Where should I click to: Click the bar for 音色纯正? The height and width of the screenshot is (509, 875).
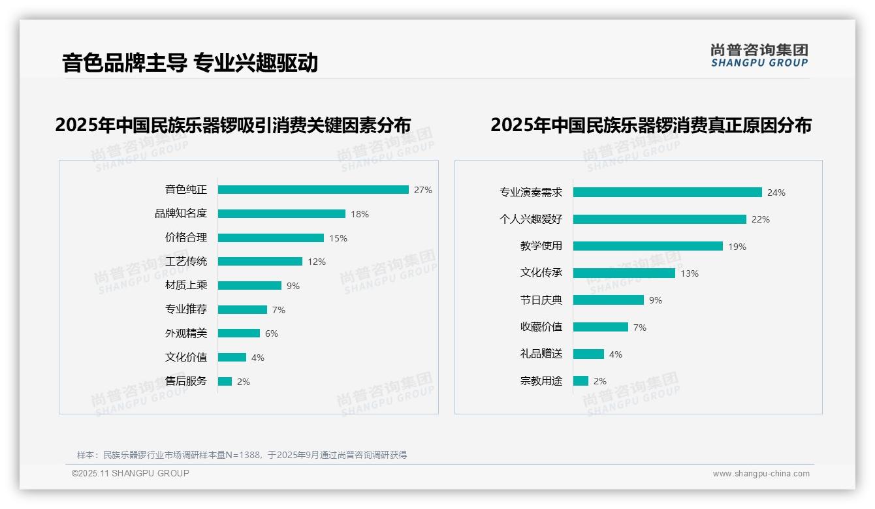click(x=313, y=190)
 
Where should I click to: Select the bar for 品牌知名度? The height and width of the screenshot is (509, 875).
click(x=281, y=214)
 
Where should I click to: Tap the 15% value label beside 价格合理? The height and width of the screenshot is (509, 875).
click(x=338, y=238)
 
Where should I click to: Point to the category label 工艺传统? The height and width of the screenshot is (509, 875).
click(x=186, y=262)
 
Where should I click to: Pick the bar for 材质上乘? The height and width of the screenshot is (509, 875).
click(x=249, y=286)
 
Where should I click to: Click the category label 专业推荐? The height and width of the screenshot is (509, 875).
click(x=186, y=309)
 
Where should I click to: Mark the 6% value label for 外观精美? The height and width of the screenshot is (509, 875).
click(x=272, y=333)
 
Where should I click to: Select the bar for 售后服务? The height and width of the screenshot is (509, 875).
click(x=225, y=382)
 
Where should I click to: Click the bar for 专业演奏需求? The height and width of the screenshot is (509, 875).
click(x=667, y=193)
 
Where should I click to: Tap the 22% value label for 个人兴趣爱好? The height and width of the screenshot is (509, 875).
click(x=761, y=219)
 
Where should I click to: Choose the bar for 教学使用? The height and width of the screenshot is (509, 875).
click(x=648, y=246)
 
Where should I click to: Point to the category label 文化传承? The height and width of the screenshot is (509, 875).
click(x=541, y=273)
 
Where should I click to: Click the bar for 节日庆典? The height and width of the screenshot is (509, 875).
click(x=609, y=300)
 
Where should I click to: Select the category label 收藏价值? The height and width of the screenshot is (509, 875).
click(x=541, y=327)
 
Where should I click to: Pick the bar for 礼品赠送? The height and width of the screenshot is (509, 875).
click(x=588, y=354)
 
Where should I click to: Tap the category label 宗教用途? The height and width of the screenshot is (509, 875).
click(x=541, y=381)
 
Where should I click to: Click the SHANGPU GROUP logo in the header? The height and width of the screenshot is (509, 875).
click(x=759, y=55)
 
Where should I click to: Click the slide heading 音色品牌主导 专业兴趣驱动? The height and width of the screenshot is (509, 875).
click(x=190, y=63)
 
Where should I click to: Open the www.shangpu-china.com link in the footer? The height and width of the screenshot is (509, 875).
click(x=761, y=474)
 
